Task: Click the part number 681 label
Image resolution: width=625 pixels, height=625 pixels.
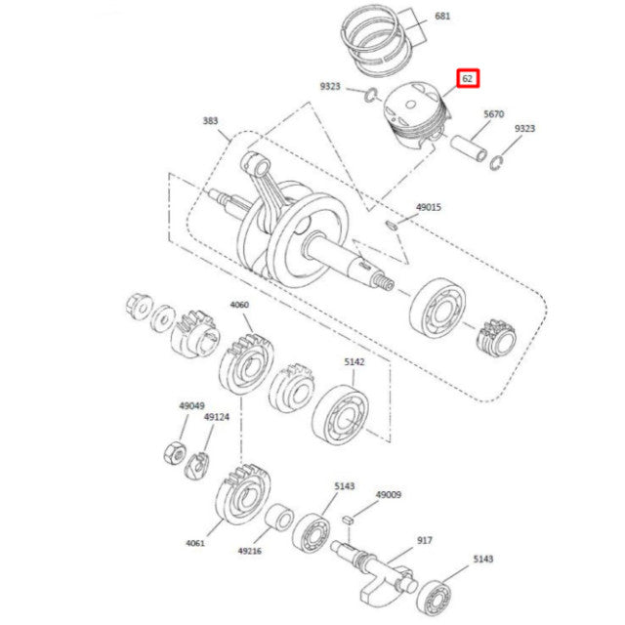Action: point(442,17)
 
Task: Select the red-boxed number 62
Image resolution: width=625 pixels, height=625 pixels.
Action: point(467,78)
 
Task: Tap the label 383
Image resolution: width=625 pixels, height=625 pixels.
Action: point(211,121)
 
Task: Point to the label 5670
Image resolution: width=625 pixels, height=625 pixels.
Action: point(494,114)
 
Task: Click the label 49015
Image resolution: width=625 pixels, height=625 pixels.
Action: point(429,207)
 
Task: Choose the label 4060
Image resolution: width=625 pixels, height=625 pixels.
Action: point(239,305)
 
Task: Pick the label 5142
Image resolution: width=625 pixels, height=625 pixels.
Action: point(354,362)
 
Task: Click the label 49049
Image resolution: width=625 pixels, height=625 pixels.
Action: point(191,406)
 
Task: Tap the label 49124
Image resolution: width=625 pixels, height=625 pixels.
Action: point(217,417)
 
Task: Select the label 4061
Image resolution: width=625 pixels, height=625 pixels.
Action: point(195,543)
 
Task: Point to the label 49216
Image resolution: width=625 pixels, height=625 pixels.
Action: point(250,551)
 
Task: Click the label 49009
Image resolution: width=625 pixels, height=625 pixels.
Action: point(389,495)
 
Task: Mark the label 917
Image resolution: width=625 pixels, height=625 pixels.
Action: point(425,540)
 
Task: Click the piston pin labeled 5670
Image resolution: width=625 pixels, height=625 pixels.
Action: point(469,147)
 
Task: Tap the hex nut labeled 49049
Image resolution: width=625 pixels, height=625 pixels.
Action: point(175,453)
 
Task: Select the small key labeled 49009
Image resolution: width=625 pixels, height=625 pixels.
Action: point(348,520)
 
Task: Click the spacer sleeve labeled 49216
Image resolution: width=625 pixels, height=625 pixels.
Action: point(279,518)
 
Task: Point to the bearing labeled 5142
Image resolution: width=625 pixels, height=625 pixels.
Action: point(340,414)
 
